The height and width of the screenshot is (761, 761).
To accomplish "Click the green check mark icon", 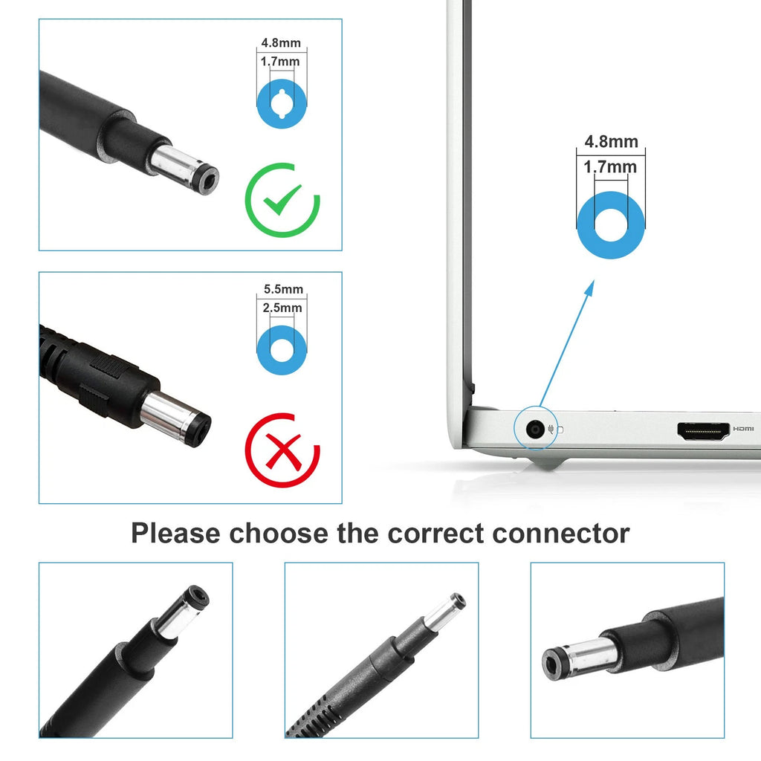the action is point(282,200).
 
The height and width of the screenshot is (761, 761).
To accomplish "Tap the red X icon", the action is point(282,450).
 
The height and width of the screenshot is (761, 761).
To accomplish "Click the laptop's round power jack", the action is point(535,430).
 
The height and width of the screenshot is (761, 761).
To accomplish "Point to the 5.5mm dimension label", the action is point(283,289).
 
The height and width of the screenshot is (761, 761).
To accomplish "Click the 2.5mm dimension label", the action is point(282,308).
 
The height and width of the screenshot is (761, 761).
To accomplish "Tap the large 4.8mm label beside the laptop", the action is point(611,142).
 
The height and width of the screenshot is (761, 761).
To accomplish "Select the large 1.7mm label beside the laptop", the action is point(610,167).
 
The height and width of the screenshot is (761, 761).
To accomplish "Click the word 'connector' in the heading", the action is point(560,534).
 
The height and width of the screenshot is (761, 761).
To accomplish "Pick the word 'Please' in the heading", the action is point(175,534).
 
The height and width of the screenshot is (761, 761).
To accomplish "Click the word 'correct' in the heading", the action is point(435,534).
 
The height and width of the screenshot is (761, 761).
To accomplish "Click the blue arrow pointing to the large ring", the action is point(567,343).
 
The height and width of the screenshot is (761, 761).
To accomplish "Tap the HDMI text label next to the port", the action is point(743,429).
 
